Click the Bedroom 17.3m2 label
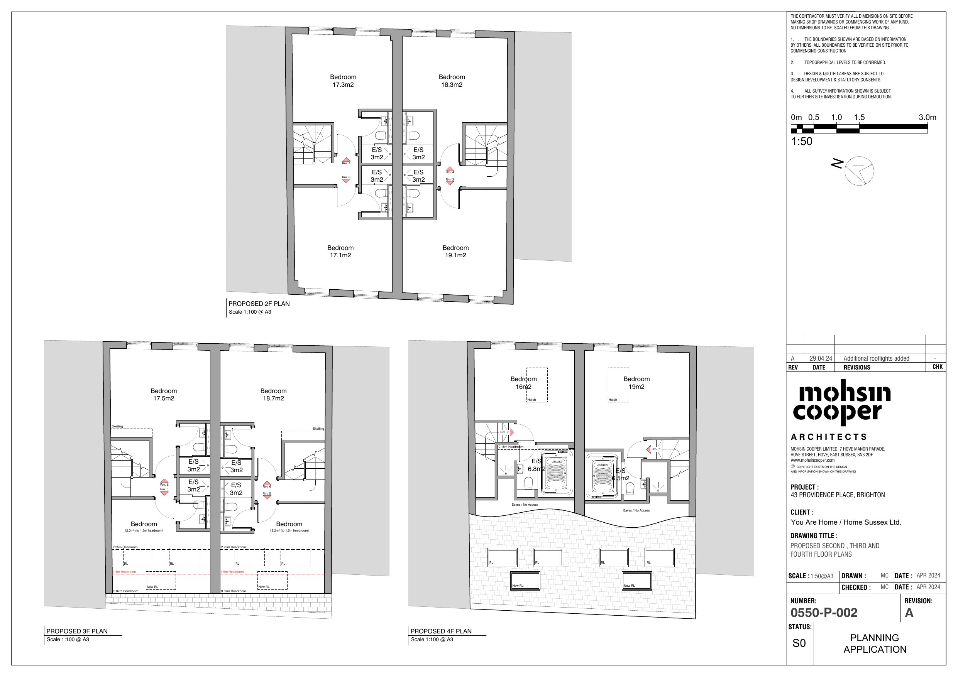click(343, 81)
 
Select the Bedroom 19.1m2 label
click(455, 252)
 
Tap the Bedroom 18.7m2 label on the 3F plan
click(273, 395)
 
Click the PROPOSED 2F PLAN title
click(259, 304)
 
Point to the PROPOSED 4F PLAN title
click(441, 631)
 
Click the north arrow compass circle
click(859, 171)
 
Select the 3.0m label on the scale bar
click(927, 118)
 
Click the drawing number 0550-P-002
click(824, 613)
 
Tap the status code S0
click(799, 643)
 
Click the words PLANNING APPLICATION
click(875, 643)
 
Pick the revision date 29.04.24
click(820, 358)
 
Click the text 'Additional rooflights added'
click(876, 358)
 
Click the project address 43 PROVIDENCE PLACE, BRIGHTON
click(837, 495)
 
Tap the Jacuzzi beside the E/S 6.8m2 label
click(557, 474)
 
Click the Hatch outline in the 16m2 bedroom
click(537, 385)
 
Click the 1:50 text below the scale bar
click(802, 142)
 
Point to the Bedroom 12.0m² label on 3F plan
click(144, 527)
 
